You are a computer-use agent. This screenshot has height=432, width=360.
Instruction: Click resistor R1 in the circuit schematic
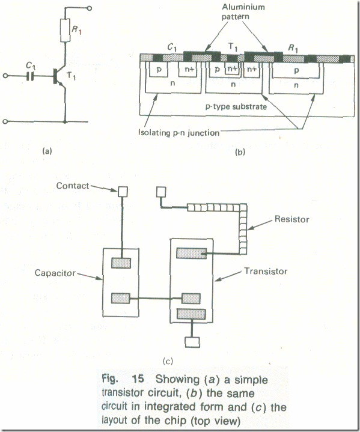[x=65, y=30]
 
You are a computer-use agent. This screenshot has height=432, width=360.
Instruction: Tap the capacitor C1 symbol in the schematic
[x=30, y=76]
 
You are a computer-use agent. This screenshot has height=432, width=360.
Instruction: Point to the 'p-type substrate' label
[x=236, y=106]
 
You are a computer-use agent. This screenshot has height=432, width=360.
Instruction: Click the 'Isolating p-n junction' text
[x=178, y=133]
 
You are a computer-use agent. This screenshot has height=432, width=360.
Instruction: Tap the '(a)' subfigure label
[x=47, y=151]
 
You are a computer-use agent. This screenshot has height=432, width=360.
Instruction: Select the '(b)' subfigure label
[x=240, y=152]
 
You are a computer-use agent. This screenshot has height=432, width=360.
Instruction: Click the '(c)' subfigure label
[x=168, y=361]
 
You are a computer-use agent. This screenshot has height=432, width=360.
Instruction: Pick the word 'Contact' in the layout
[x=73, y=186]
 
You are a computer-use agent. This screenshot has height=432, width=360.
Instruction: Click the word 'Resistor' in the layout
[x=291, y=219]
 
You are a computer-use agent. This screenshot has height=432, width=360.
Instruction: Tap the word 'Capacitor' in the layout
[x=55, y=273]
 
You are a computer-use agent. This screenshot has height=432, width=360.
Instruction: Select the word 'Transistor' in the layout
[x=266, y=271]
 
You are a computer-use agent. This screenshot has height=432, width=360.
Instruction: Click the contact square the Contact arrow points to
[x=123, y=192]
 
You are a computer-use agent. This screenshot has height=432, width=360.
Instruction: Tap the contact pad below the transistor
[x=192, y=342]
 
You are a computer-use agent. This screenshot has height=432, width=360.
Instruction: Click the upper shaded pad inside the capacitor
[x=121, y=263]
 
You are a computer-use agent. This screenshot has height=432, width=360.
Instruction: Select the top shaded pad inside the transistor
[x=191, y=253]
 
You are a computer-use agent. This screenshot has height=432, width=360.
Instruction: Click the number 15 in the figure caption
[x=138, y=379]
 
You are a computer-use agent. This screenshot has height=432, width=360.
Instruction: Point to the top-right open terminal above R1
[x=89, y=8]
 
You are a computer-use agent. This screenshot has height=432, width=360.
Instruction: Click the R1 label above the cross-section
[x=293, y=49]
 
